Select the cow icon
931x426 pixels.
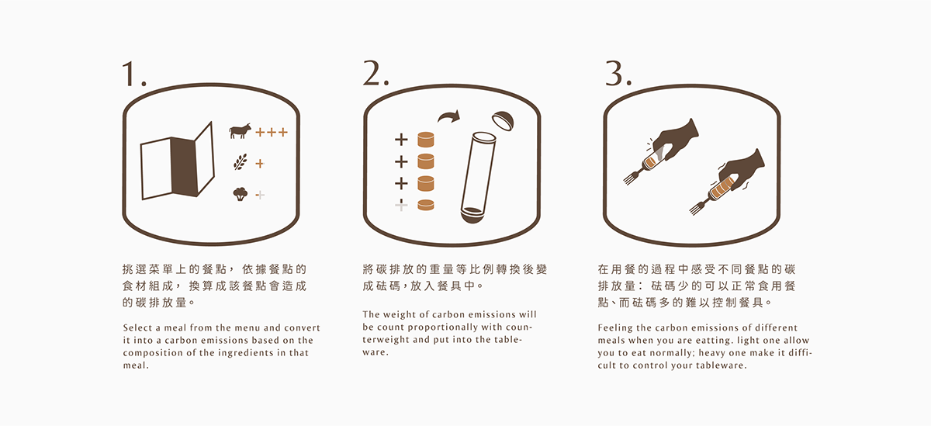click(x=241, y=131)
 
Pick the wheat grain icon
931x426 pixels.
click(x=241, y=163)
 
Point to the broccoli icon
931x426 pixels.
click(x=241, y=194)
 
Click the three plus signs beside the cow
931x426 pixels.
click(x=272, y=132)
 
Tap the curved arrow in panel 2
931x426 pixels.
click(x=448, y=117)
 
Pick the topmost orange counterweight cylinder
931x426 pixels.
click(x=425, y=140)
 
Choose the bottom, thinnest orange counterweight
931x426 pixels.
click(x=425, y=205)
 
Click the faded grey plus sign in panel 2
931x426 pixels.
click(x=401, y=205)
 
